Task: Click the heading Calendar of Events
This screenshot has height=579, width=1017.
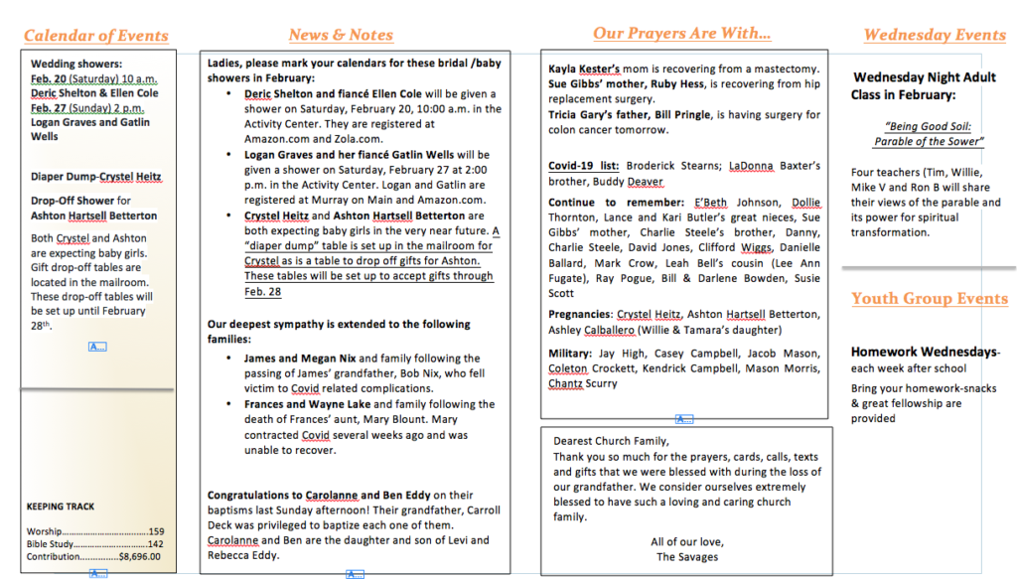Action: click(95, 36)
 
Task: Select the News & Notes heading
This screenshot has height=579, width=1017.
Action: click(341, 35)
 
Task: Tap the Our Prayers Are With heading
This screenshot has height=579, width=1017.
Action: click(681, 34)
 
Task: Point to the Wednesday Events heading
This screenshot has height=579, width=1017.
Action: click(935, 35)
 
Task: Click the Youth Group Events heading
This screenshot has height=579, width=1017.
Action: click(929, 299)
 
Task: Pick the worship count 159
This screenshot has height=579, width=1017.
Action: click(156, 532)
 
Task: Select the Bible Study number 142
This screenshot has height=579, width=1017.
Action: click(155, 544)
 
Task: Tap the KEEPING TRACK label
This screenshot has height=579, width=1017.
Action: click(61, 507)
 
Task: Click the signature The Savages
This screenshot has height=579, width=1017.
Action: click(687, 557)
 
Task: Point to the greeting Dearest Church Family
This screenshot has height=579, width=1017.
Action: click(611, 442)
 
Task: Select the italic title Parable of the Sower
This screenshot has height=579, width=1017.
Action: click(928, 141)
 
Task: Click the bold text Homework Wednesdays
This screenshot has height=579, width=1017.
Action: click(924, 352)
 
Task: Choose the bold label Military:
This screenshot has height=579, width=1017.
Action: click(572, 354)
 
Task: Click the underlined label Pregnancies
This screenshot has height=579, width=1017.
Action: click(580, 315)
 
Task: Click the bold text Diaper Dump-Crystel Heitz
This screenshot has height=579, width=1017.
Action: click(95, 177)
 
